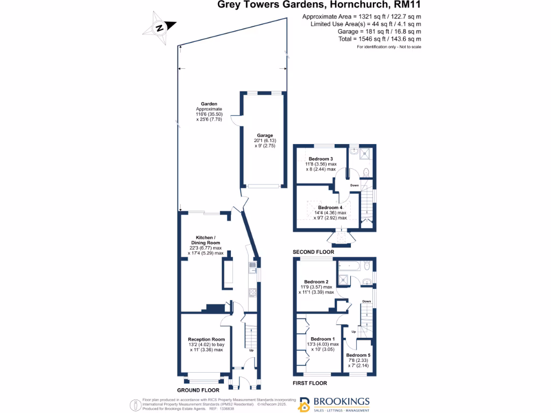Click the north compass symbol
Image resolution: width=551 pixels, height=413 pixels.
pyautogui.click(x=160, y=27)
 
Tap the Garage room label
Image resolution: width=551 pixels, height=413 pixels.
pyautogui.click(x=264, y=136)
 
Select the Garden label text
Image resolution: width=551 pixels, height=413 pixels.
pyautogui.click(x=209, y=104)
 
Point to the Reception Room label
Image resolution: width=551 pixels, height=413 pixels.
pyautogui.click(x=206, y=339)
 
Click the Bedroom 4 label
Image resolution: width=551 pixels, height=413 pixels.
pyautogui.click(x=330, y=208)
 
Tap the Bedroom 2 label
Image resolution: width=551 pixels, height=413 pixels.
pyautogui.click(x=316, y=282)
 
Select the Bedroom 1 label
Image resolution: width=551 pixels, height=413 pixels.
pyautogui.click(x=322, y=339)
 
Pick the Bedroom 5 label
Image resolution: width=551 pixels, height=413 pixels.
pyautogui.click(x=358, y=355)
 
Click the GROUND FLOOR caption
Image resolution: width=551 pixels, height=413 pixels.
pyautogui.click(x=198, y=389)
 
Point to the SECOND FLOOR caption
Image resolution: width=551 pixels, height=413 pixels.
pyautogui.click(x=313, y=252)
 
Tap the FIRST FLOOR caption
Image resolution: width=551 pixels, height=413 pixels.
pyautogui.click(x=309, y=383)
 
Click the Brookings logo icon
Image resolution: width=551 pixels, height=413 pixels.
pyautogui.click(x=305, y=404)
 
